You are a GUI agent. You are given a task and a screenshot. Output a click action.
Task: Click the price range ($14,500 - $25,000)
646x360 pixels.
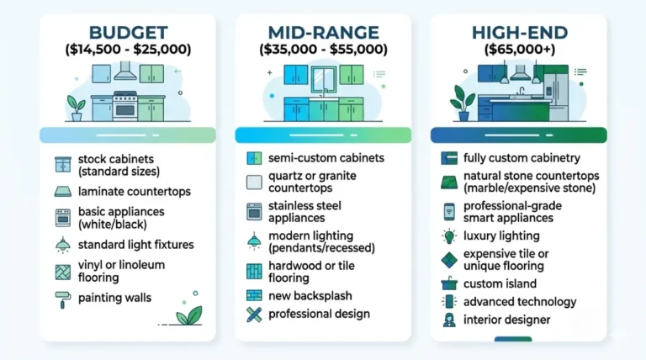click(128, 50)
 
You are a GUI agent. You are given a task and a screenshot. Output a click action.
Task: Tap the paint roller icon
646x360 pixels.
click(62, 297)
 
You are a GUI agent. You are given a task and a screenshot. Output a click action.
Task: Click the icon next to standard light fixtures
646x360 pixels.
click(62, 245)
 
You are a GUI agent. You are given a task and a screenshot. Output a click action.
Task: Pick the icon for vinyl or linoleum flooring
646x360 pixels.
click(62, 271)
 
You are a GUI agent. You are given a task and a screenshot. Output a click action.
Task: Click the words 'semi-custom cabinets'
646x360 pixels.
click(326, 157)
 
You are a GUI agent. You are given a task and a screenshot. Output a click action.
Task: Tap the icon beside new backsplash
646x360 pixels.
click(254, 295)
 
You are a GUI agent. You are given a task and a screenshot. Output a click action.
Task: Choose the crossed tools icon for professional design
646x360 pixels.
click(254, 315)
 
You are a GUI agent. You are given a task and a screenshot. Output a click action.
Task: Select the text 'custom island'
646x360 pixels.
click(500, 283)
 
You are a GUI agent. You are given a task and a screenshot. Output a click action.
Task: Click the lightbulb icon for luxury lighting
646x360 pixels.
click(449, 236)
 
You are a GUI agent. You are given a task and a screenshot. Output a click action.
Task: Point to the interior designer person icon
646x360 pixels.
click(449, 320)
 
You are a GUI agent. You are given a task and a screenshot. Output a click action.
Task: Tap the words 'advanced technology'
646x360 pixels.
click(520, 301)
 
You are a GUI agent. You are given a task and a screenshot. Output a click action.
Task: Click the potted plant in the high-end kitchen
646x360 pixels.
click(461, 100)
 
